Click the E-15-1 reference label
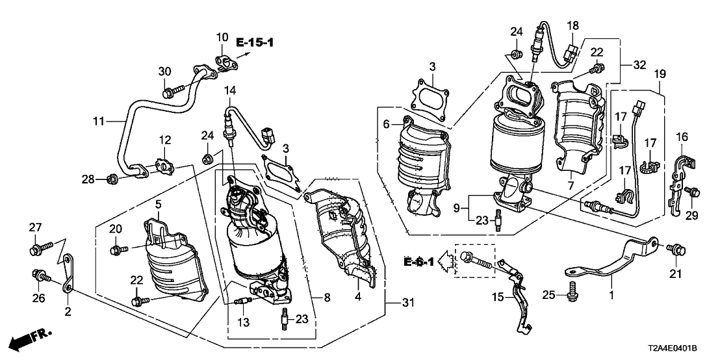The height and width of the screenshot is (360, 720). [255, 44]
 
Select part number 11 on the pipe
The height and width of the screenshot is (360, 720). [98, 120]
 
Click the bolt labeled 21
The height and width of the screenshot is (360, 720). [677, 249]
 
